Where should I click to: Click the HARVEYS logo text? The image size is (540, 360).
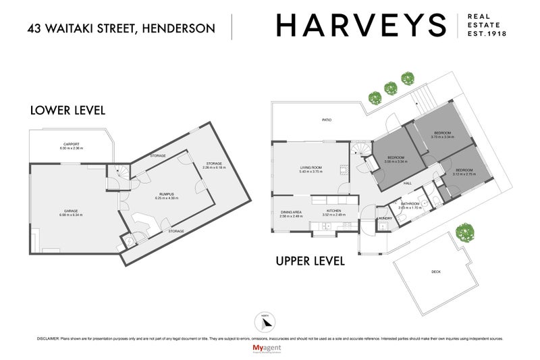tap(360, 26)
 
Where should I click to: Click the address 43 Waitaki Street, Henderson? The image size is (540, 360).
tap(121, 28)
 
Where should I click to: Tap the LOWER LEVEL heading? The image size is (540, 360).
tap(67, 110)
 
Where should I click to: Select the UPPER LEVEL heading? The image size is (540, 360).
tap(310, 260)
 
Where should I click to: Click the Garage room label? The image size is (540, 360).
tap(67, 211)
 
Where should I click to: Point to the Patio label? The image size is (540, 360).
tap(327, 120)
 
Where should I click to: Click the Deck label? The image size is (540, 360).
tap(435, 272)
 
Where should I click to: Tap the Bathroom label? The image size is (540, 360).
tap(410, 204)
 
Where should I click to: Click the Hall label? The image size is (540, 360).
tap(408, 182)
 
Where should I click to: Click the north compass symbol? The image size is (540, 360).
tap(264, 322)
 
